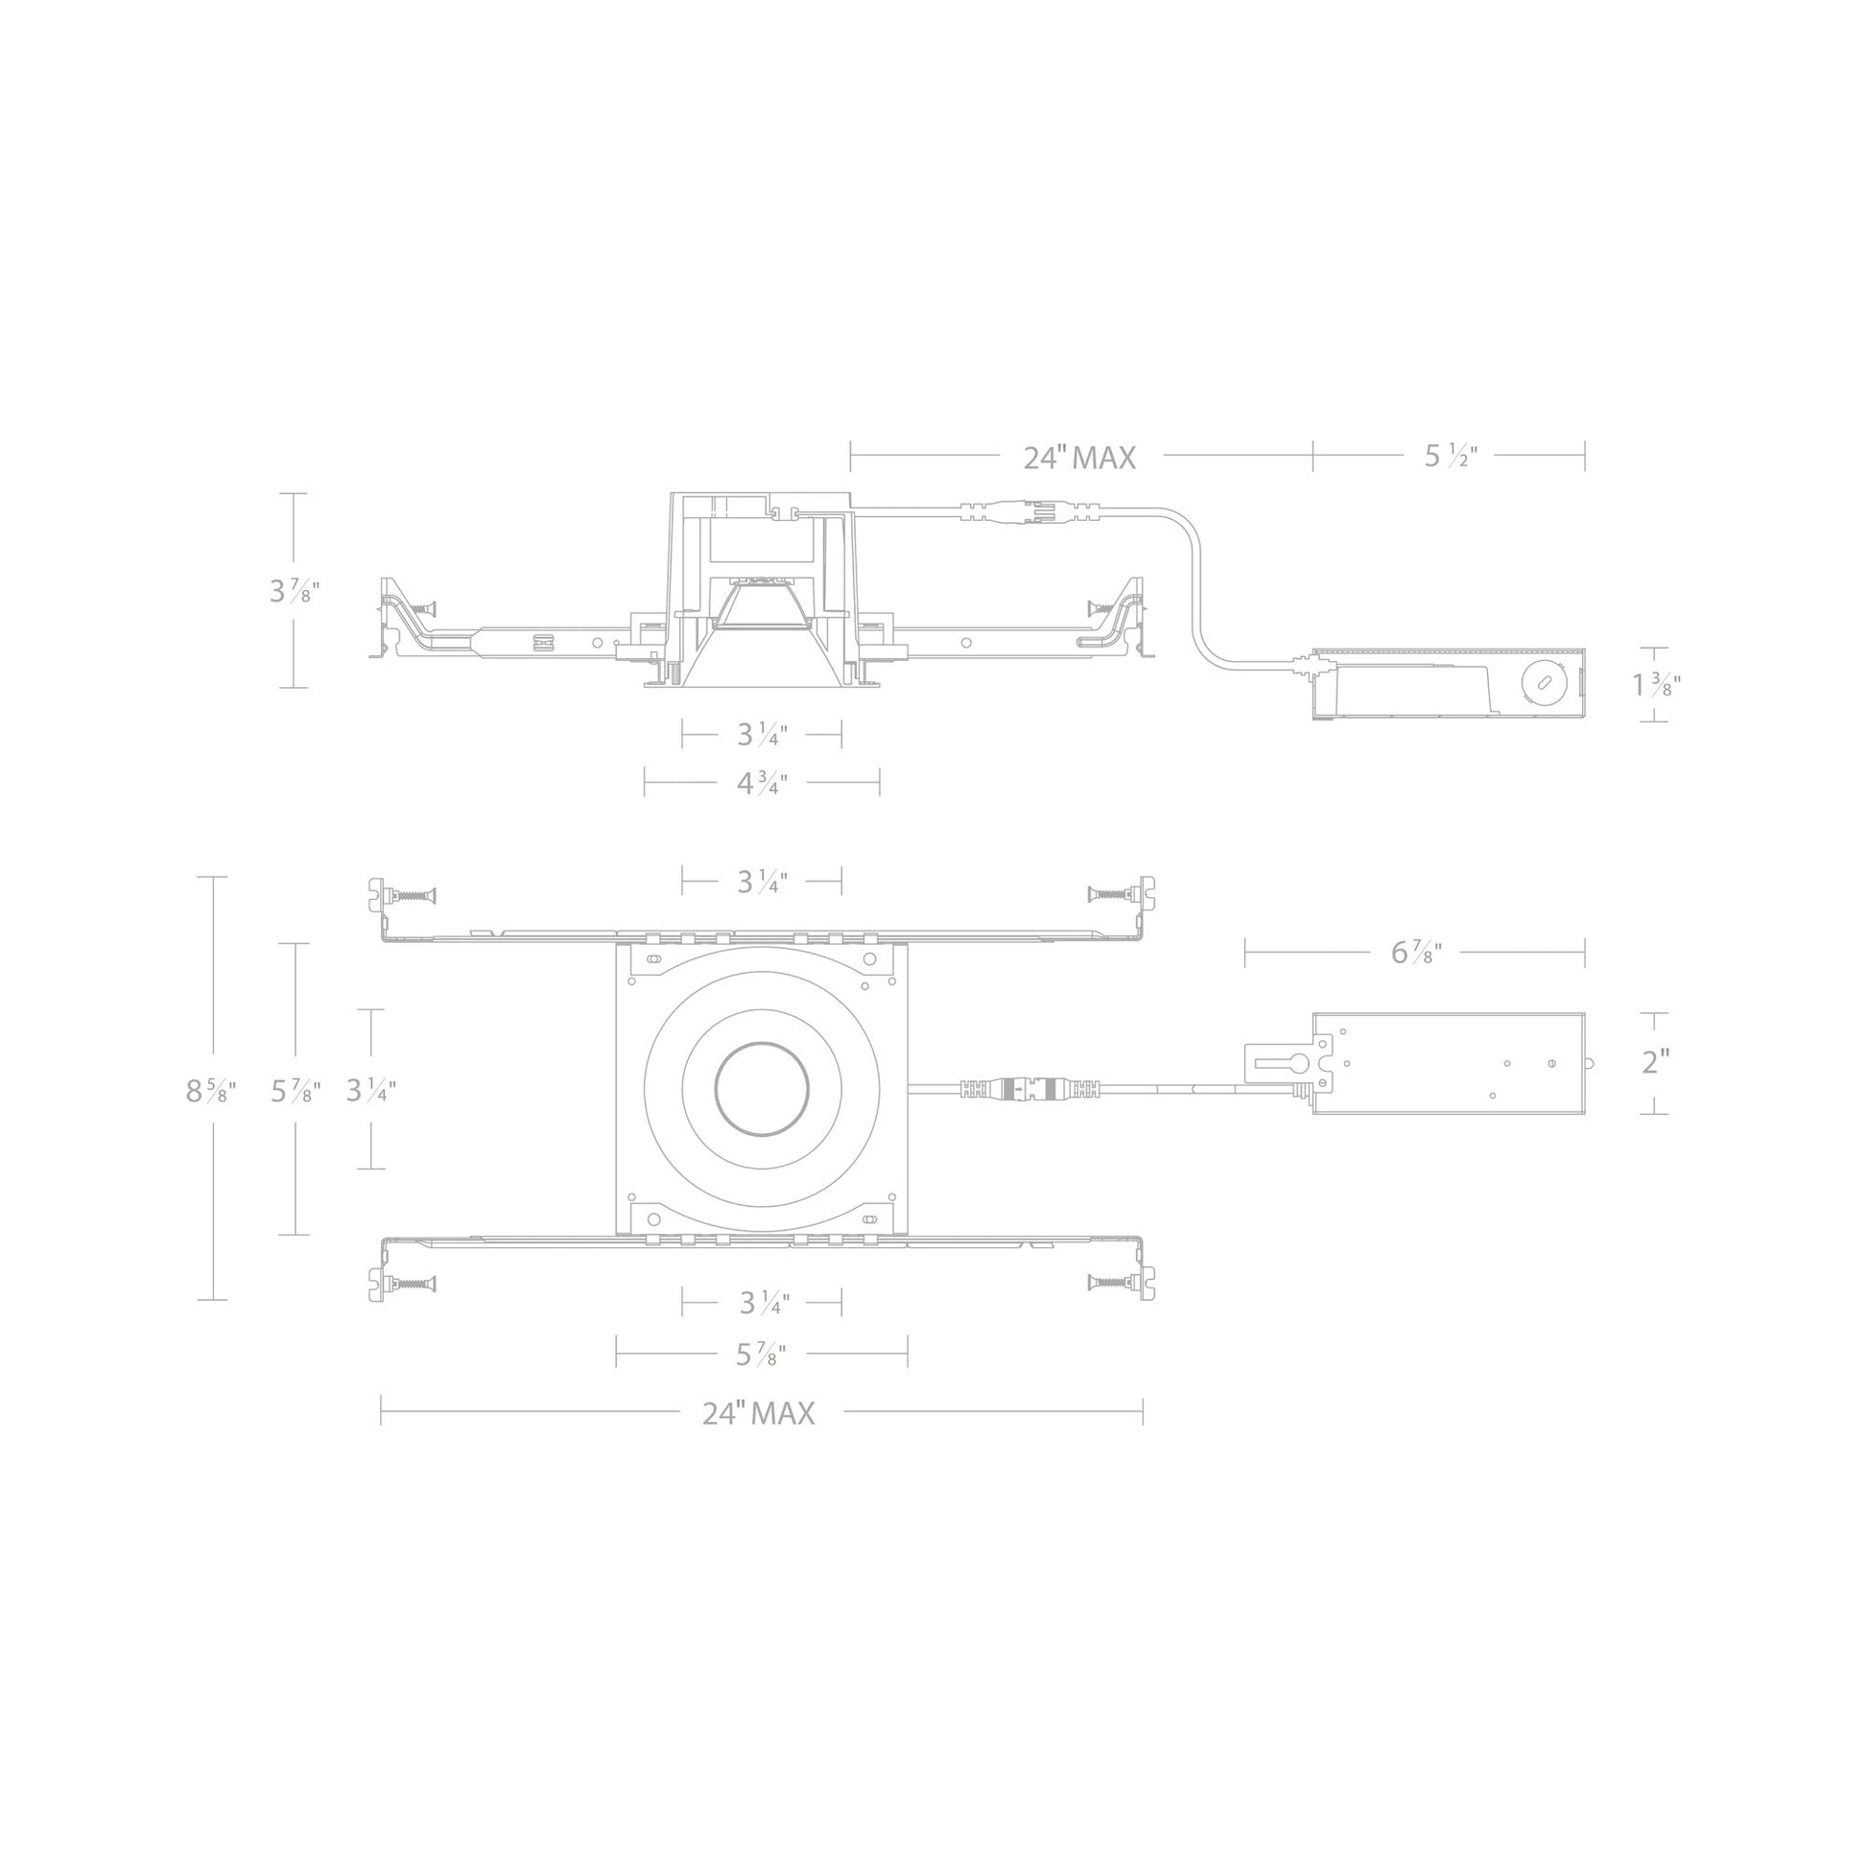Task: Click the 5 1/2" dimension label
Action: tap(1451, 456)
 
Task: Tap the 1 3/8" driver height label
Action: tap(1656, 685)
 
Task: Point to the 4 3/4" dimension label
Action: tap(762, 783)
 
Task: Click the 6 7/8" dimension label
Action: tap(1416, 953)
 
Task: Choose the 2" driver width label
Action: tap(1655, 1062)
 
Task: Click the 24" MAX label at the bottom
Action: tap(759, 1414)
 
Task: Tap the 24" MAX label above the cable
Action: tap(1079, 457)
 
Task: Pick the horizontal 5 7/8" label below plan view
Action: tap(761, 1355)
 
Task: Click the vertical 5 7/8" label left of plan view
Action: tap(295, 1091)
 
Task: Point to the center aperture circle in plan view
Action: tap(762, 1089)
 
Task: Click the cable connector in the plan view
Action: tap(1030, 1089)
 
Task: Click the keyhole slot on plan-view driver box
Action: tap(1280, 1063)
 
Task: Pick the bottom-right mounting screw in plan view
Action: tap(1111, 1283)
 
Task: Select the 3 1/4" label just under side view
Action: tap(762, 736)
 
